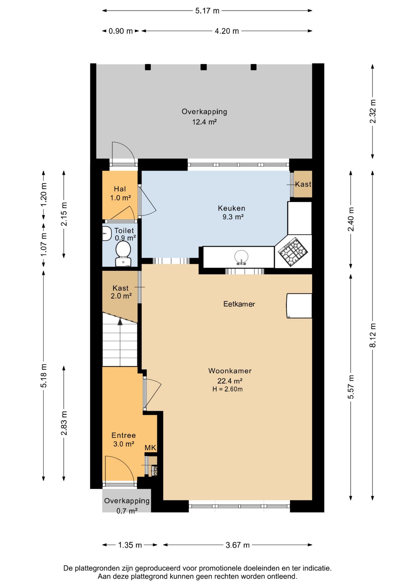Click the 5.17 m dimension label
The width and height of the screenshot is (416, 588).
(207, 11)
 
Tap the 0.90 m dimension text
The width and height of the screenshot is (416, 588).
(121, 31)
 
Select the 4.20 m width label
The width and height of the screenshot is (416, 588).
(227, 31)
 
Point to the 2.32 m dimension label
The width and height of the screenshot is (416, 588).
(373, 111)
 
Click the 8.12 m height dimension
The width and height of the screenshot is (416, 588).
(373, 335)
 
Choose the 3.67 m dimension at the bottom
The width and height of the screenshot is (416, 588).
(237, 545)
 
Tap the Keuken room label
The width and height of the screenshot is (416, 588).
(232, 208)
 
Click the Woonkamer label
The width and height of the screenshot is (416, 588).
(230, 371)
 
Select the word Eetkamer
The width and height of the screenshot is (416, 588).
(239, 304)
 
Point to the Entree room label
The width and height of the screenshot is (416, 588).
(123, 435)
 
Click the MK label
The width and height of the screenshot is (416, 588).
(150, 448)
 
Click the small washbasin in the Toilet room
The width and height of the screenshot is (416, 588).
(106, 234)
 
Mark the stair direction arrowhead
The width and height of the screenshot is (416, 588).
(120, 322)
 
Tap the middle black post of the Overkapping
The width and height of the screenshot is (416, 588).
(204, 67)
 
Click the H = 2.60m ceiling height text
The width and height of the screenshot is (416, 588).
(228, 389)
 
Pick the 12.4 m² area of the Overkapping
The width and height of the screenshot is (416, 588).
(204, 122)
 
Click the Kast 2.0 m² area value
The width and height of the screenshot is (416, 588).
(121, 296)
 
